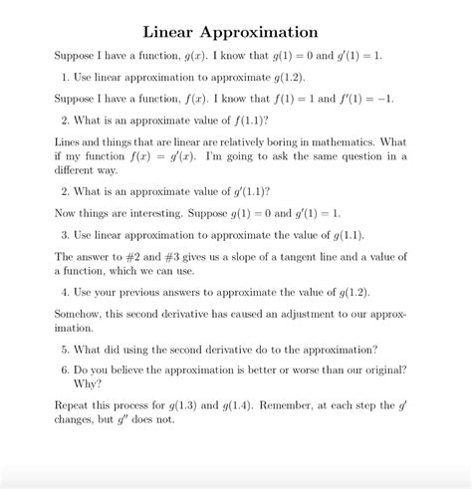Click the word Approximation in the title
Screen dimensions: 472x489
(x=259, y=34)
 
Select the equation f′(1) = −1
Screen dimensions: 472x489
(x=345, y=99)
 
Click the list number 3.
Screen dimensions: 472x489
(x=64, y=235)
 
